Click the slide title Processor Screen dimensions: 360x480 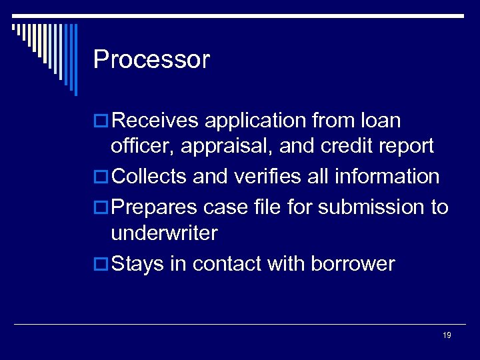tap(151, 60)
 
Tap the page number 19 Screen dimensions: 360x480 tap(447, 335)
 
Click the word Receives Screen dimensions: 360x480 tap(155, 121)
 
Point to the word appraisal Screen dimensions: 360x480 tap(231, 146)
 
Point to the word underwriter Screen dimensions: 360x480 tap(164, 233)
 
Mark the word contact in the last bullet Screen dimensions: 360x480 tap(227, 264)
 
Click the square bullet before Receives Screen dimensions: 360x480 tap(101, 121)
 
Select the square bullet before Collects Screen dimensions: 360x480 tap(101, 177)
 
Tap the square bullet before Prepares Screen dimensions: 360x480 tap(101, 208)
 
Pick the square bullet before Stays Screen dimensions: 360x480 tap(101, 265)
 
